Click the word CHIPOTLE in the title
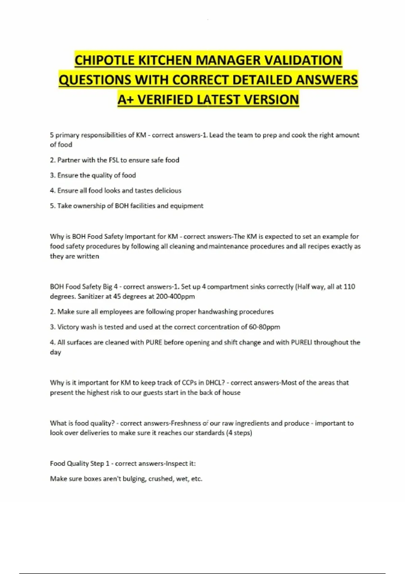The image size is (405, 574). coord(105,60)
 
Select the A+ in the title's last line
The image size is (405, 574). coord(126,100)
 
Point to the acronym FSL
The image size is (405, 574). coord(114,160)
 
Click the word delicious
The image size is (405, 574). coord(168,190)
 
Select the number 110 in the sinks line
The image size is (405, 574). coord(349,287)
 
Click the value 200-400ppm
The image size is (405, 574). coord(175,296)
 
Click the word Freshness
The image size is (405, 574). coord(185,423)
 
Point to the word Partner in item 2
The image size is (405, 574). coord(69,160)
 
